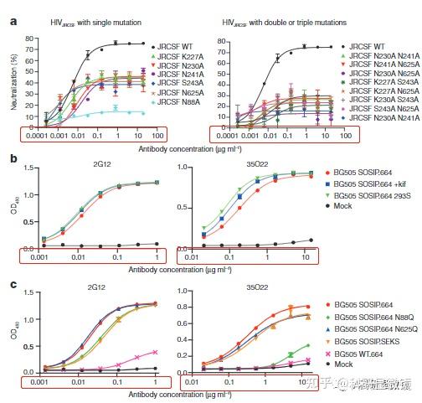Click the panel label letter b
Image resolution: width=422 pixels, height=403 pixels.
coord(13,157)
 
